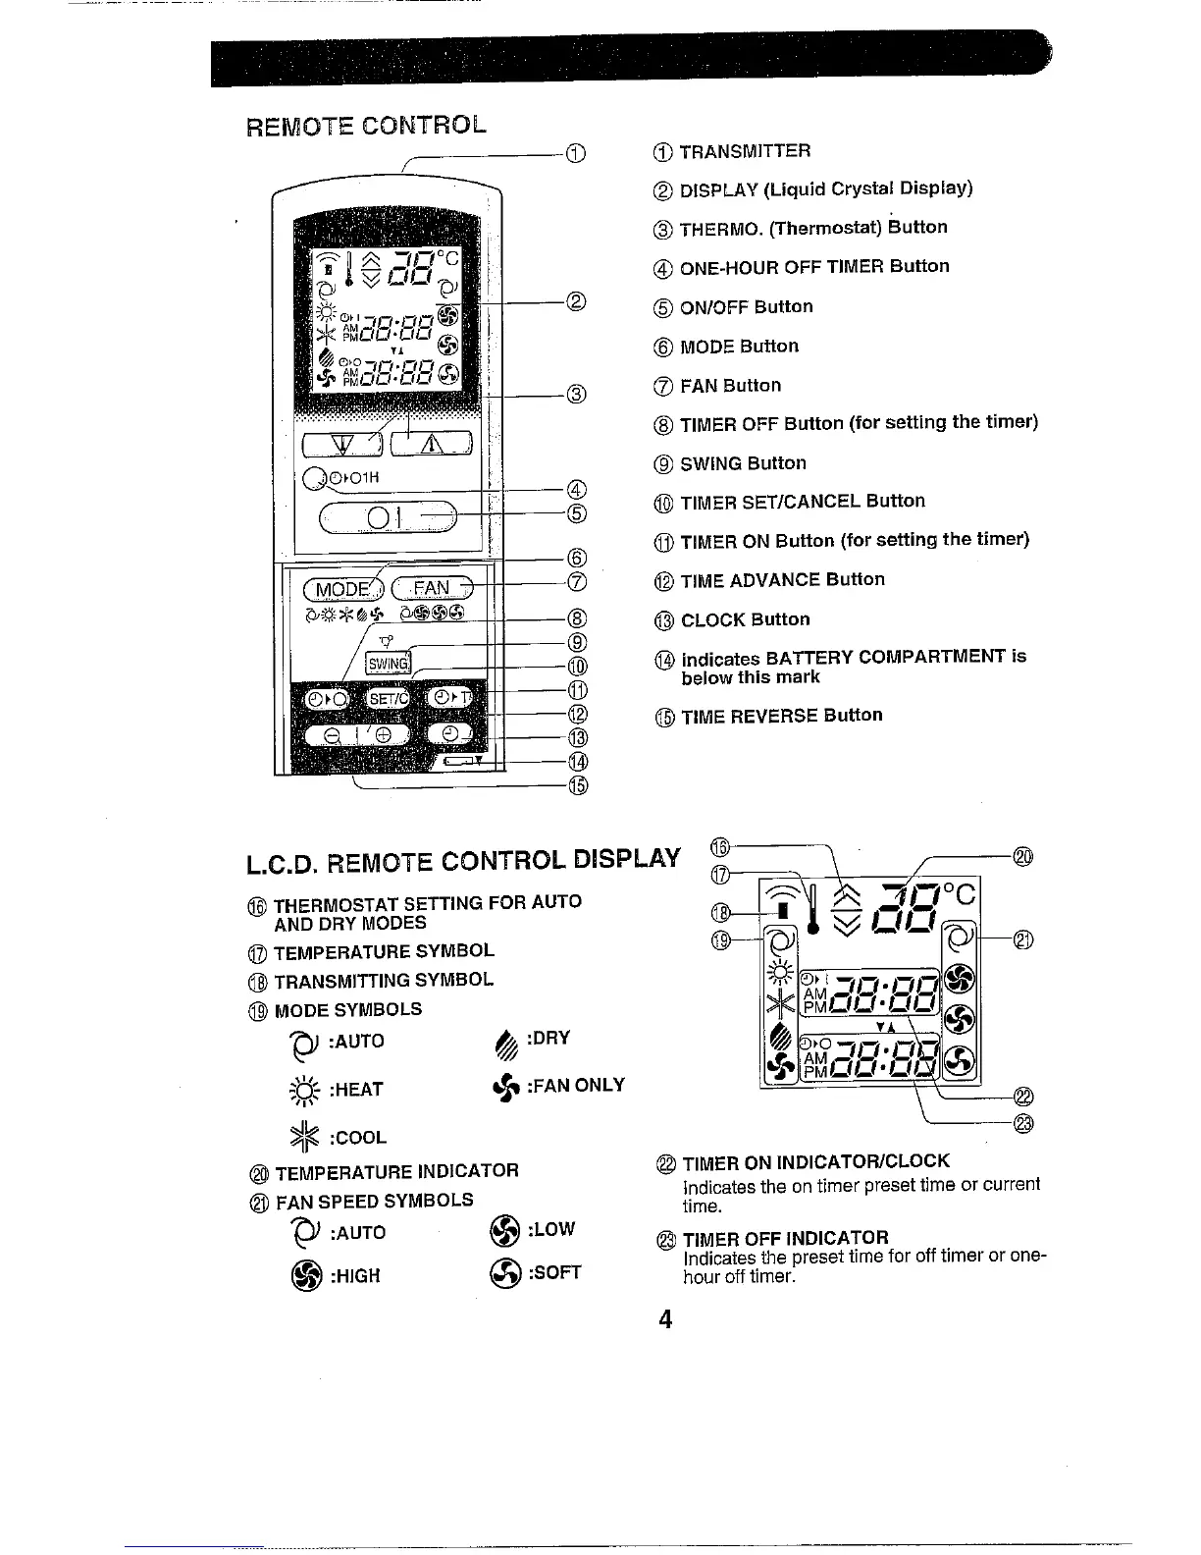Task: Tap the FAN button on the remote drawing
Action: point(431,588)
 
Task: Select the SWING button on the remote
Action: point(387,664)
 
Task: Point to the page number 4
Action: point(665,1319)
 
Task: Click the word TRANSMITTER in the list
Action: point(745,151)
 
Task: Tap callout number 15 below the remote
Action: point(577,784)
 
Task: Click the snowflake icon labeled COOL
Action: point(299,1135)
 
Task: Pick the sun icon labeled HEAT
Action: point(299,1088)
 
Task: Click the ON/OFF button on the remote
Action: point(387,514)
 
